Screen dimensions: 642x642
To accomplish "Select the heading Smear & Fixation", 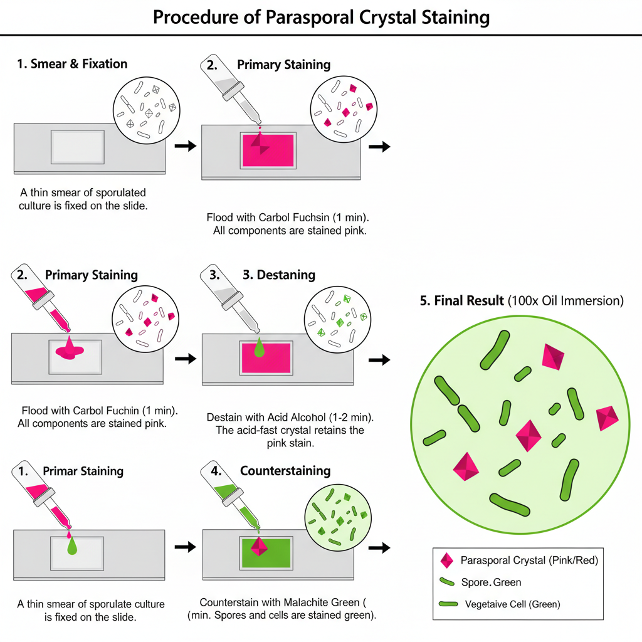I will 78,64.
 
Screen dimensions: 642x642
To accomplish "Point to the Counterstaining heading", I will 285,471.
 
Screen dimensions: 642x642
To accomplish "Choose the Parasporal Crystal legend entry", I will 529,560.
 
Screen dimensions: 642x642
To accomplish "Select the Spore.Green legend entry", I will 491,582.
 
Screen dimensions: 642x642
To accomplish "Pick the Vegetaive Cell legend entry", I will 512,604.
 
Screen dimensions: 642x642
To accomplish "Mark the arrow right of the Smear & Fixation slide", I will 184,146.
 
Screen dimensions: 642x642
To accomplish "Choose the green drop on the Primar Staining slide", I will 73,545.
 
